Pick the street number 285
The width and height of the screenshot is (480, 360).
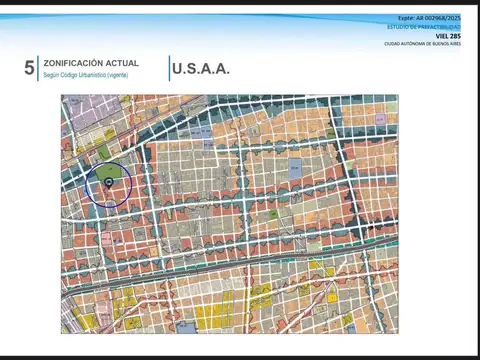[456, 36]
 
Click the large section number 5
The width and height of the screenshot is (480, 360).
[29, 68]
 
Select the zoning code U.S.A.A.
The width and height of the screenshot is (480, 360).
[201, 69]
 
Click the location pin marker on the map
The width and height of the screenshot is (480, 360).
[108, 183]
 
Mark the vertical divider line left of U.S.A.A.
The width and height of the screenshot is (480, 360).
[169, 68]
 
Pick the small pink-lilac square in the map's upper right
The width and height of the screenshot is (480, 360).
[381, 119]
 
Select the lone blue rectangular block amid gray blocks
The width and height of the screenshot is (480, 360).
[295, 169]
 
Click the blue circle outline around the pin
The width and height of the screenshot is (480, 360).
[87, 184]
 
